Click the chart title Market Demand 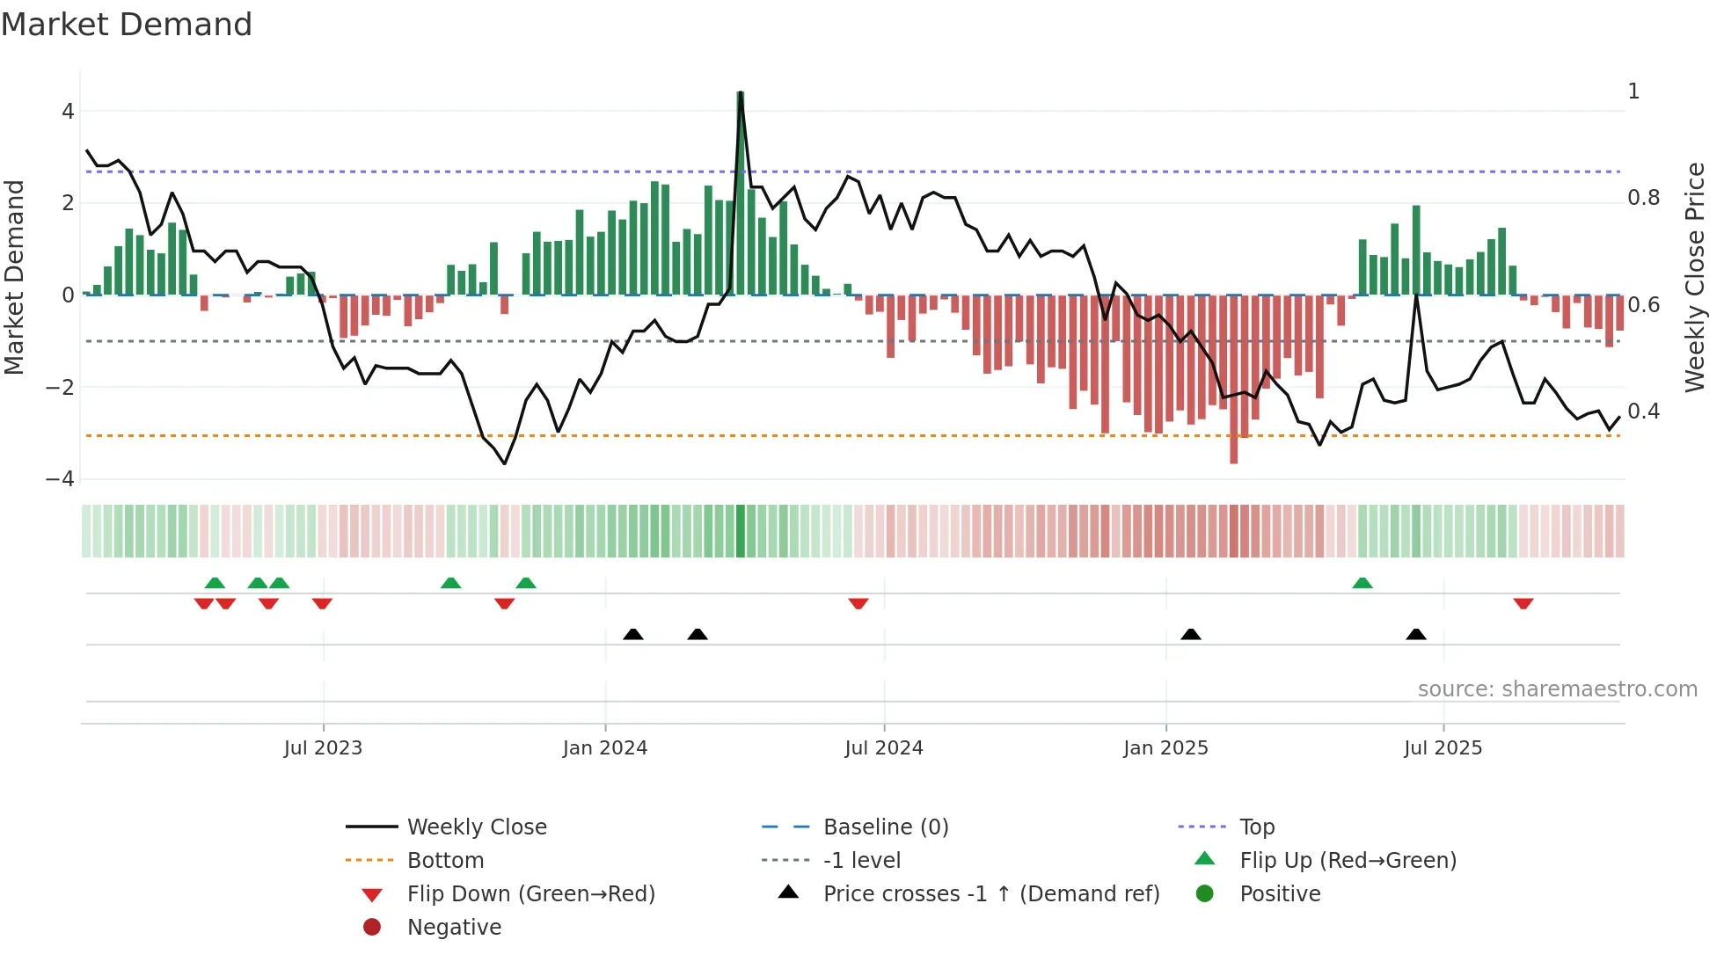pos(127,25)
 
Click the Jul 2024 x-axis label pos(883,748)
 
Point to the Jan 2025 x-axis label pos(1165,748)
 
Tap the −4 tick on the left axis pos(60,479)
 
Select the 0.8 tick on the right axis pos(1643,198)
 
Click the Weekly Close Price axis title pos(1694,277)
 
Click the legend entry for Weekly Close pos(476,827)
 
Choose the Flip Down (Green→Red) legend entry pos(530,894)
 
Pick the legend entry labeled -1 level pos(861,861)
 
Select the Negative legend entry pos(454,928)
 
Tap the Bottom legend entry pos(445,861)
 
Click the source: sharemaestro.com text pos(1557,689)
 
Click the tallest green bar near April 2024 pos(741,193)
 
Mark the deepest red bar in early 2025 pos(1233,378)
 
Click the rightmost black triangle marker pos(1415,634)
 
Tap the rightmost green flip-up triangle pos(1362,583)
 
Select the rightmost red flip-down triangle pos(1523,603)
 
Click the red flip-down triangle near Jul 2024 pos(858,603)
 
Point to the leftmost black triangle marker pos(632,634)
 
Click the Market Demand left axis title pos(15,277)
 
